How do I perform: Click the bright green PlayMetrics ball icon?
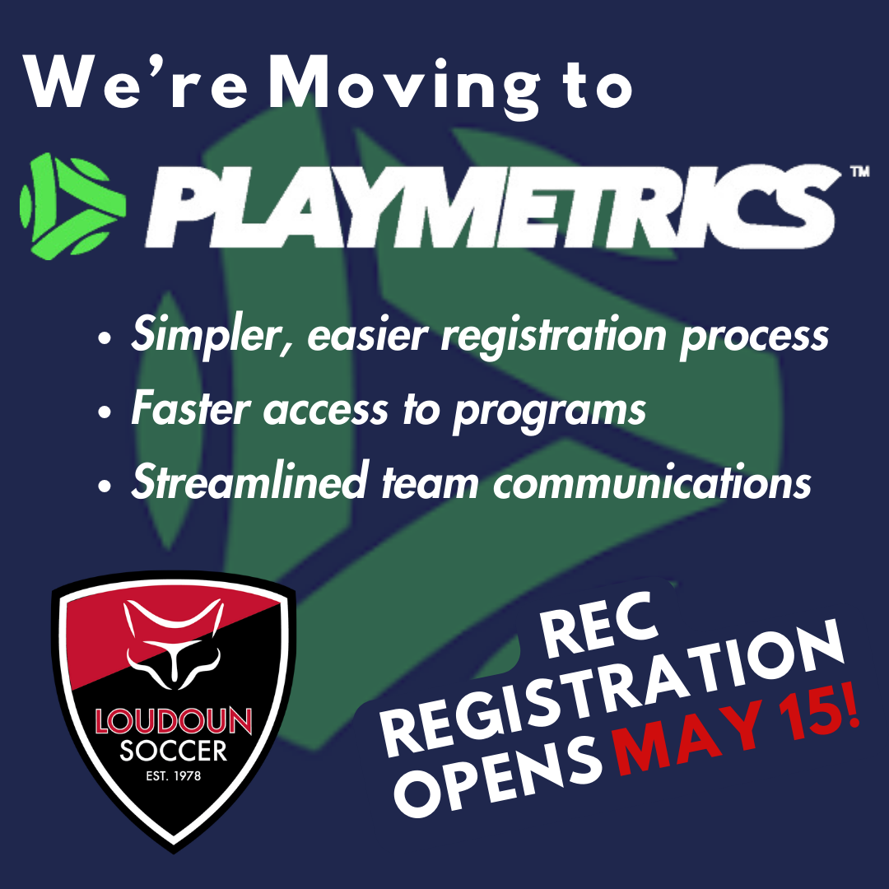click(72, 207)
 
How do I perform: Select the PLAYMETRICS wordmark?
click(493, 207)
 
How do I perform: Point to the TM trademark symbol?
click(859, 171)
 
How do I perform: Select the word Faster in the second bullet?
click(190, 407)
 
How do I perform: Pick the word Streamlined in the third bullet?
click(250, 481)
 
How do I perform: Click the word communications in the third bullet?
click(652, 482)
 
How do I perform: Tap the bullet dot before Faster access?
click(105, 411)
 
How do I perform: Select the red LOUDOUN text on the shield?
click(173, 721)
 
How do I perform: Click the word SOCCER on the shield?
click(174, 751)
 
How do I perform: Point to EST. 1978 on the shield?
click(174, 775)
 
